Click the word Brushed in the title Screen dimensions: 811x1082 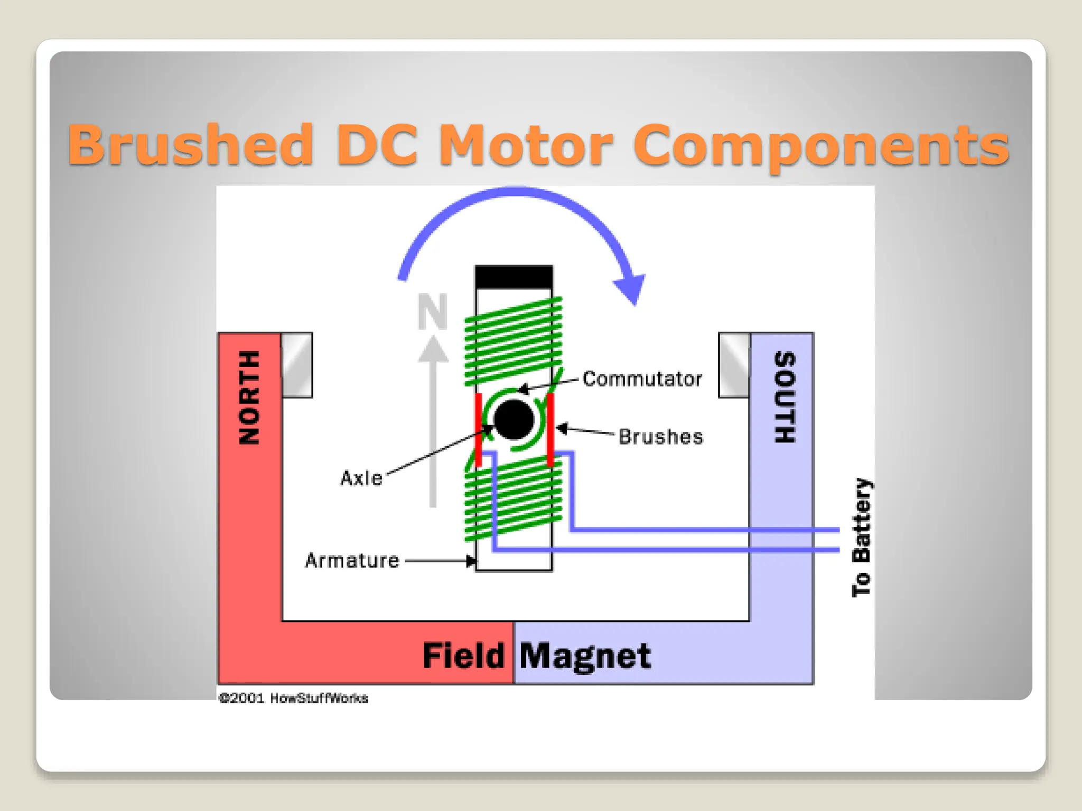coord(190,144)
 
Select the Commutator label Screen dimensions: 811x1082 coord(642,379)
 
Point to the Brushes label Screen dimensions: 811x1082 coord(660,437)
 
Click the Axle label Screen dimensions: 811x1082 coord(361,478)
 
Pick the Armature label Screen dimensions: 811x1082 coord(352,561)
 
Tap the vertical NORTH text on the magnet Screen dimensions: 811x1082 coord(249,398)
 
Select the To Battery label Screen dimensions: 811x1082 coord(861,537)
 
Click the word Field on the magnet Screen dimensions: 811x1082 coord(463,656)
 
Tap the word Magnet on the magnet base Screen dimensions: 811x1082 coord(585,656)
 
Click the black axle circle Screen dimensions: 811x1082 coord(514,420)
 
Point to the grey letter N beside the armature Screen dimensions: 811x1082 coord(432,311)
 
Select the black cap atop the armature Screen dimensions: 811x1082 coord(514,277)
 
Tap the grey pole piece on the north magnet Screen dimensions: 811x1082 coord(297,365)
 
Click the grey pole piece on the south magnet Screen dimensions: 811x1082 coord(734,365)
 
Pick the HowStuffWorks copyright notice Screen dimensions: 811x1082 coord(293,698)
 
